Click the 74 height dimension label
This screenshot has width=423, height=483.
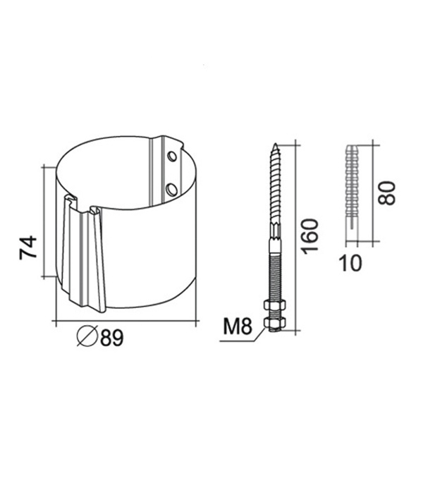tap(27, 247)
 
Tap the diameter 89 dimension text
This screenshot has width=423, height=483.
tap(112, 337)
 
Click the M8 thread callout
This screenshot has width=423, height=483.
tap(237, 326)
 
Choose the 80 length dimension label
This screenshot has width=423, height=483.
tap(386, 193)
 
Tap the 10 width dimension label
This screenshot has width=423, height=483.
tap(350, 264)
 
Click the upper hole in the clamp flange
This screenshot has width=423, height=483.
tap(172, 157)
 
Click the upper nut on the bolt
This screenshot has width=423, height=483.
tap(275, 305)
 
